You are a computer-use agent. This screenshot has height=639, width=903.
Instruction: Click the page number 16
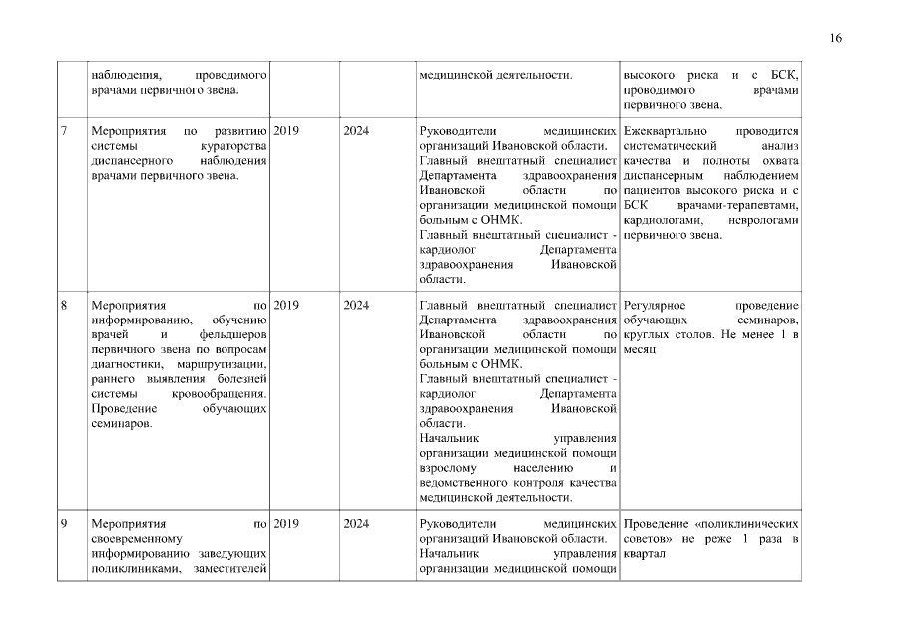tap(836, 38)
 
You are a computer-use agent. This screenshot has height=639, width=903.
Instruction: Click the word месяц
tap(640, 350)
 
